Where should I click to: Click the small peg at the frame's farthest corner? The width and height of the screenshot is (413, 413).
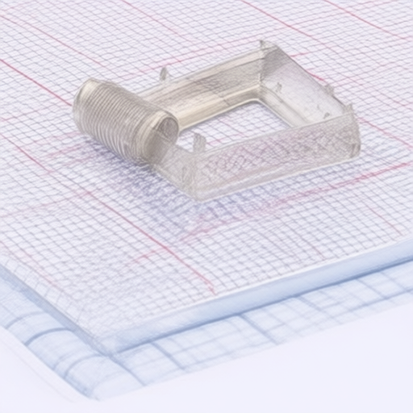point(262,45)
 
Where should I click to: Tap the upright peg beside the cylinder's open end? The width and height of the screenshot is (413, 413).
point(198,142)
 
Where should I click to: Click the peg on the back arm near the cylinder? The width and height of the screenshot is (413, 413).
point(164,73)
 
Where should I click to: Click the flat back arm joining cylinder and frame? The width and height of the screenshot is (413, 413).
point(202,85)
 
